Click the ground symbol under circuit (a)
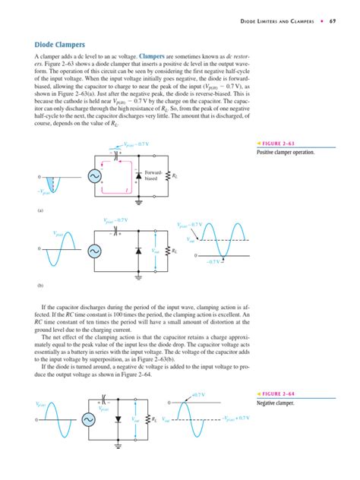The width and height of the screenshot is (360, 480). [x=138, y=203]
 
